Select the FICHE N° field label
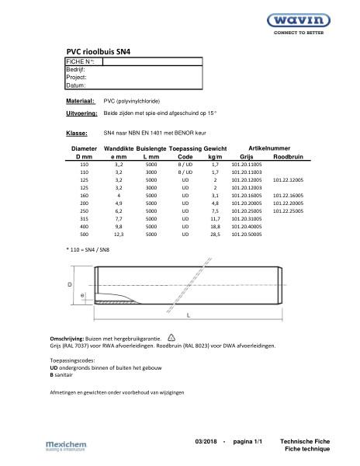click(81, 60)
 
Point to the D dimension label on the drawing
click(70, 285)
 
